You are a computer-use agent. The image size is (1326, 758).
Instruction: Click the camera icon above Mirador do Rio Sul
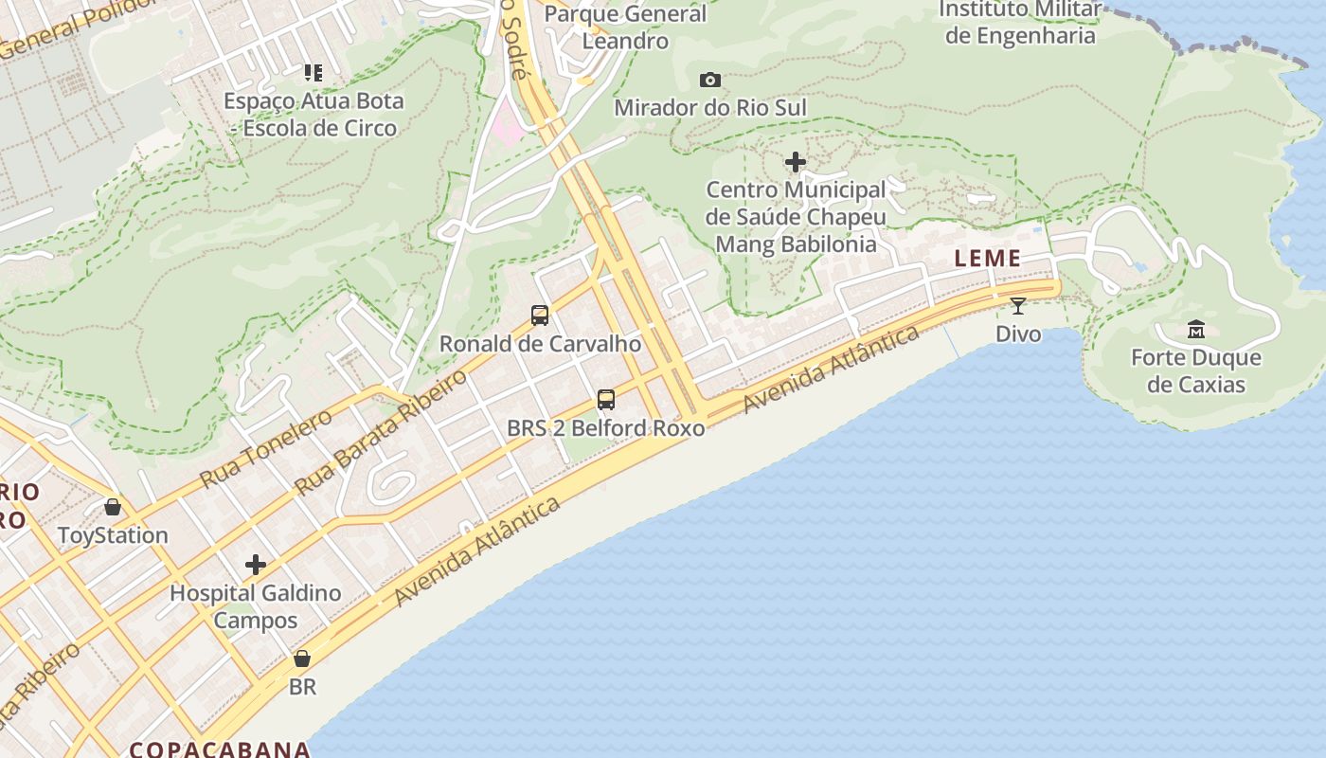(x=709, y=81)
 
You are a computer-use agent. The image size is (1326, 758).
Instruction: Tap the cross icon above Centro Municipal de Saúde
(x=796, y=163)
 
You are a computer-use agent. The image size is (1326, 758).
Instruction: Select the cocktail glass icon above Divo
(x=1018, y=305)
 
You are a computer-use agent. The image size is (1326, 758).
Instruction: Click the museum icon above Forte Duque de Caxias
(x=1196, y=330)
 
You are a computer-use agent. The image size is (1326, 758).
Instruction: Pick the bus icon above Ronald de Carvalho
(x=540, y=316)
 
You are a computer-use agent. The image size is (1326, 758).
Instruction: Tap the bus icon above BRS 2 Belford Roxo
(x=606, y=400)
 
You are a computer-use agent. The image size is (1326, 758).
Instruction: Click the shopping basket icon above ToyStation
(x=113, y=507)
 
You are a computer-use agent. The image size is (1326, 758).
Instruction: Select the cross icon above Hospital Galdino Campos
(x=256, y=566)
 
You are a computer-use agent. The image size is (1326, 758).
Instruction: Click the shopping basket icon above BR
(x=302, y=659)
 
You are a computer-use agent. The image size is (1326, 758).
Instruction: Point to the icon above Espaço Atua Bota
(x=313, y=73)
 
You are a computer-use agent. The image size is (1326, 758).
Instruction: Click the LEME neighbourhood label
(x=988, y=258)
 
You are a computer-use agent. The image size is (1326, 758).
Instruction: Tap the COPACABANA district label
(x=220, y=749)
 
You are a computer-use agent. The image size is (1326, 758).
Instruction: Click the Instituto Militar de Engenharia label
(x=1020, y=23)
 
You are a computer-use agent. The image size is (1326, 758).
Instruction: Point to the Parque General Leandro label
(x=625, y=27)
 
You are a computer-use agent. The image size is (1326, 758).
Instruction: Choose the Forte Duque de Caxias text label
(x=1196, y=370)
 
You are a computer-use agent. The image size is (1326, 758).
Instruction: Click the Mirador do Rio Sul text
(x=710, y=108)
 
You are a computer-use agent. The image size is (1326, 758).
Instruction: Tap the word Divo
(x=1018, y=334)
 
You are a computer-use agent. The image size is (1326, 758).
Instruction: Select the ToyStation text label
(x=113, y=535)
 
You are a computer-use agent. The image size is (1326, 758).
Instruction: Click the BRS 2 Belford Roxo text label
(x=606, y=428)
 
